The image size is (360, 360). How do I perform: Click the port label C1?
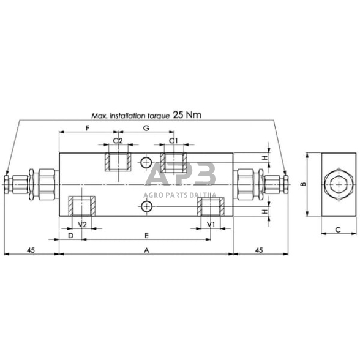coord(173,141)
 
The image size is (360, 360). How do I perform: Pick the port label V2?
coord(82,225)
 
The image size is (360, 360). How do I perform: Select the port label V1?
coord(211,225)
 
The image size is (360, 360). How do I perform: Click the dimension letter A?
coord(146,250)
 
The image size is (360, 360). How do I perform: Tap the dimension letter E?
coord(146,235)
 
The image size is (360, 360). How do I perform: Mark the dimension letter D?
coord(70,235)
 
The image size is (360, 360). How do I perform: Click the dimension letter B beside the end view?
coord(302,184)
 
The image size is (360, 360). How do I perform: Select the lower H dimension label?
coord(264,211)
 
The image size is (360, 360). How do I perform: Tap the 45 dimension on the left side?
coord(30,250)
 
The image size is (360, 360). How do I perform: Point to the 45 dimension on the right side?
coord(259,250)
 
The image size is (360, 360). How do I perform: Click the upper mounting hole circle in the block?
coord(146,162)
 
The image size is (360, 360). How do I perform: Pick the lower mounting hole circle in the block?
coord(146,207)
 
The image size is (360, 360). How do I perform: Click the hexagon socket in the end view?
coord(337,184)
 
